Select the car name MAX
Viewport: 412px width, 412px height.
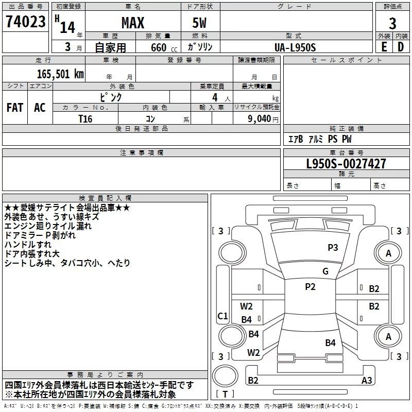point(132,23)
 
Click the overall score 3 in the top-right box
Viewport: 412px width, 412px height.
point(392,23)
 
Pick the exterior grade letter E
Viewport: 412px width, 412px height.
point(384,47)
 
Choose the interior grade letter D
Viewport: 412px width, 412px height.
point(401,47)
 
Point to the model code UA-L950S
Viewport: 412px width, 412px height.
point(296,47)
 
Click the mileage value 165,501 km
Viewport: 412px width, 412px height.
point(60,74)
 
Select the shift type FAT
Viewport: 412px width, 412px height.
point(14,108)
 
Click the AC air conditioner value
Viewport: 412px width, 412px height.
point(40,108)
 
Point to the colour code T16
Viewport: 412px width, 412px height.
point(85,118)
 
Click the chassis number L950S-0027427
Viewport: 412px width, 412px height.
point(338,164)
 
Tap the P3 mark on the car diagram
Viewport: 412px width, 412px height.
point(333,248)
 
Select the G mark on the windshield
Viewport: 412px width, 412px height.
point(325,271)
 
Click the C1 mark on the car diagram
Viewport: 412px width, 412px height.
point(222,316)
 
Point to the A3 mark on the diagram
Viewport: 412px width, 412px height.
point(367,381)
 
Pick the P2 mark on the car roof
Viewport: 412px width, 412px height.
point(310,287)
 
